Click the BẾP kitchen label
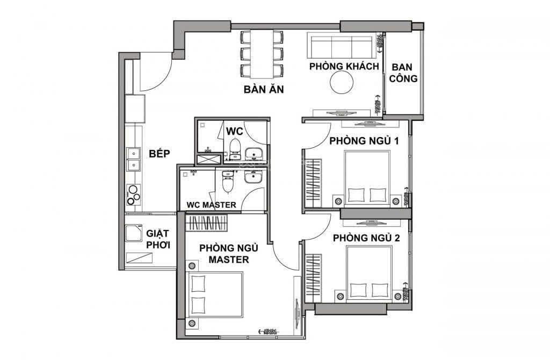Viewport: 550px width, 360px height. pos(160,154)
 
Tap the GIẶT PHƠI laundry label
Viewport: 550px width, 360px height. pos(158,239)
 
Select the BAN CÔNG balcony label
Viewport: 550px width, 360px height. pos(404,73)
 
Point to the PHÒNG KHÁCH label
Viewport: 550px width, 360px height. pos(344,66)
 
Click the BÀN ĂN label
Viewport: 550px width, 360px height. pos(263,89)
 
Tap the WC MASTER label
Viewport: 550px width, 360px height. pos(211,205)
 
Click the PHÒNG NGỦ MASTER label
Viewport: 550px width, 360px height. pos(224,254)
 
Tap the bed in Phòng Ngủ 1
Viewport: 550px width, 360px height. pos(367,177)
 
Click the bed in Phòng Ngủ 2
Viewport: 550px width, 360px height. pos(369,273)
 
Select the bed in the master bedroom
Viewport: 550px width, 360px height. pos(214,295)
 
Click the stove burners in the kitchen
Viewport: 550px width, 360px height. pos(133,195)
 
